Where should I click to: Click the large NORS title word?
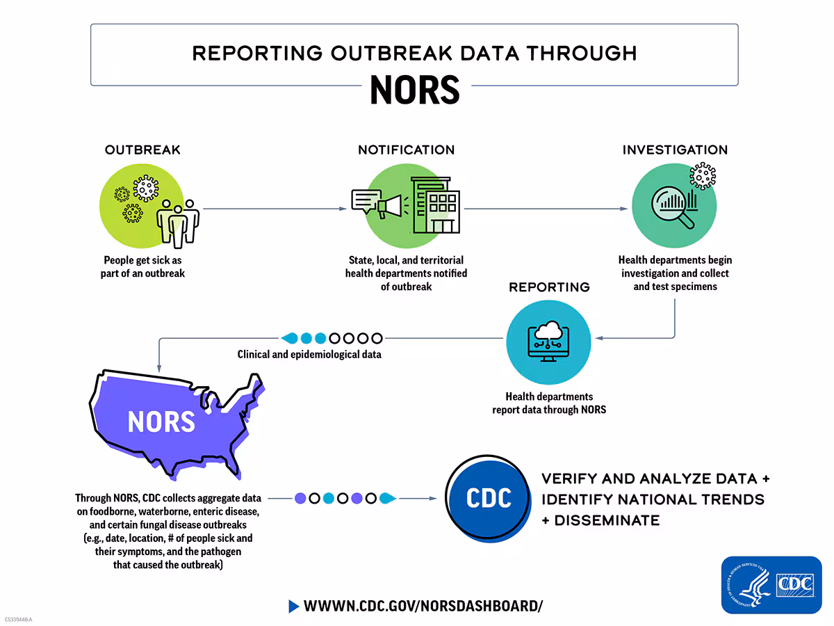point(414,89)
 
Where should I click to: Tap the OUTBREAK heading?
point(142,150)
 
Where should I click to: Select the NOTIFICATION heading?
point(406,150)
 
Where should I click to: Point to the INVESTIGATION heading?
point(675,150)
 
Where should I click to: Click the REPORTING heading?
point(549,287)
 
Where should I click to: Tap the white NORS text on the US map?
point(161,422)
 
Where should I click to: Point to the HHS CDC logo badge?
point(771,584)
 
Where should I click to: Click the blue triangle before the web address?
point(293,606)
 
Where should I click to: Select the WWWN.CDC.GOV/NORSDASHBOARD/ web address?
point(423,606)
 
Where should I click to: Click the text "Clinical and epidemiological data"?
point(309,354)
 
